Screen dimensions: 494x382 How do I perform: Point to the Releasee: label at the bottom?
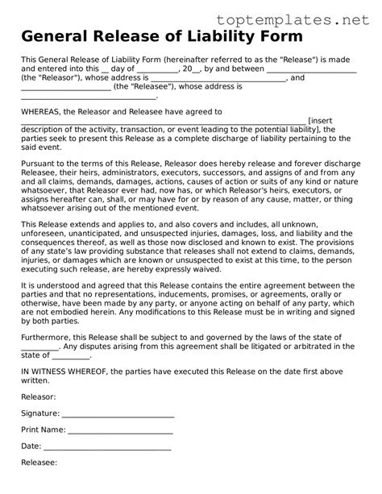pos(39,463)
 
